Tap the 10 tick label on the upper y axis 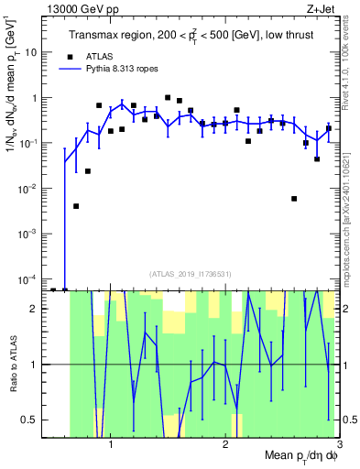[x=31, y=52]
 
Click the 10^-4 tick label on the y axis [x=27, y=278]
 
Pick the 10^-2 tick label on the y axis [x=27, y=188]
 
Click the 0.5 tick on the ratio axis [x=29, y=420]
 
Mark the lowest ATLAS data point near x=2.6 [x=294, y=199]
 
